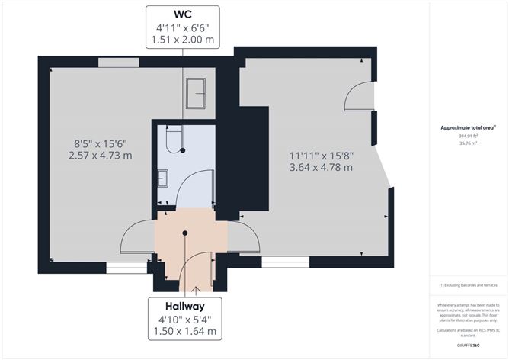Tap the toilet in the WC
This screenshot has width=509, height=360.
click(174, 139)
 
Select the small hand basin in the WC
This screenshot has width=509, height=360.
click(164, 178)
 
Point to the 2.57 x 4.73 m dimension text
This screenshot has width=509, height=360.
click(103, 156)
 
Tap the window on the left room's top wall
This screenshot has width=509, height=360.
click(113, 62)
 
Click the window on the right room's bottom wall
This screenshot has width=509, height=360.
click(284, 262)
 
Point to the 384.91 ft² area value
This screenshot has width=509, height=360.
click(468, 136)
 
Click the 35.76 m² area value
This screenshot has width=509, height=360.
click(468, 143)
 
